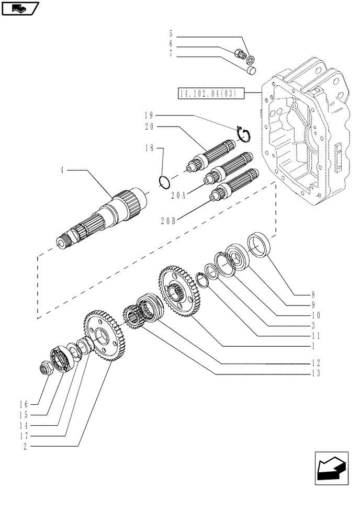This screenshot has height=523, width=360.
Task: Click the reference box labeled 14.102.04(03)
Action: click(208, 94)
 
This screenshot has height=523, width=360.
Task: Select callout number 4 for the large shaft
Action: click(62, 170)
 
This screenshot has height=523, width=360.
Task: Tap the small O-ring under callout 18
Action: click(164, 183)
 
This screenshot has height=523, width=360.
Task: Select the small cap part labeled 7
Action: click(251, 69)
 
